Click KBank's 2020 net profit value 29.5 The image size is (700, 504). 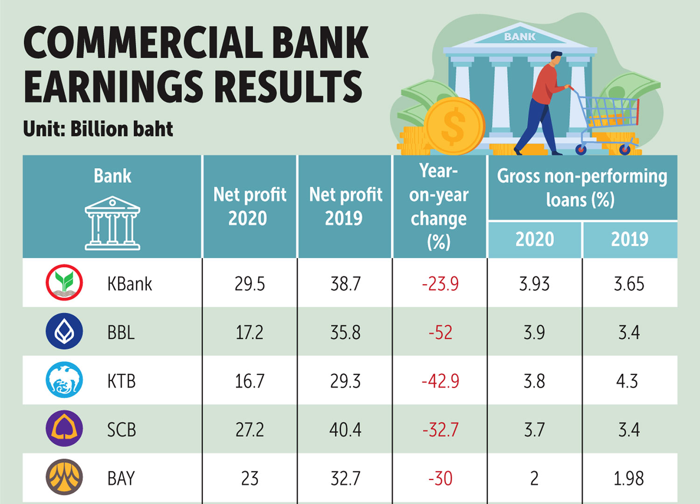click(250, 284)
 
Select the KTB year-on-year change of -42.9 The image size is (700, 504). click(440, 381)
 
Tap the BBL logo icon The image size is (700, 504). click(64, 331)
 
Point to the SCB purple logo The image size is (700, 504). click(64, 428)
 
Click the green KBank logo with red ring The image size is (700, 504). click(64, 282)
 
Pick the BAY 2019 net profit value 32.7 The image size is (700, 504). click(345, 478)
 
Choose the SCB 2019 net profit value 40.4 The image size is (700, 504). click(345, 429)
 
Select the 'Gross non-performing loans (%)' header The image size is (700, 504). click(581, 188)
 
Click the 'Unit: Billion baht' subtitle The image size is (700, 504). click(98, 129)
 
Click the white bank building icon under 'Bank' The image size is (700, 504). click(112, 223)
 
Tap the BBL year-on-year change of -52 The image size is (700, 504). click(440, 332)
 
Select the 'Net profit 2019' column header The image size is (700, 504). click(345, 206)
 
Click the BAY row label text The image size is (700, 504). click(121, 478)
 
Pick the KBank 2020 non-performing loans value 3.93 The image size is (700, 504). click(534, 284)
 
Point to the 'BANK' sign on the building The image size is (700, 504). click(520, 37)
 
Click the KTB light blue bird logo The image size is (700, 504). click(64, 380)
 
